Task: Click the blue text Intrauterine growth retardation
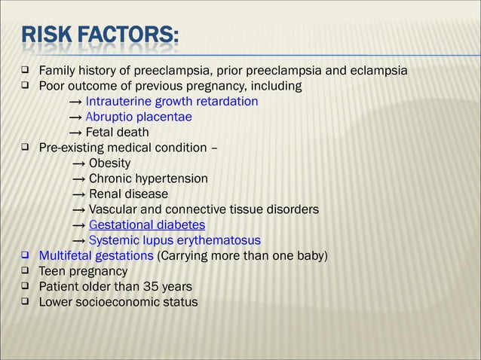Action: (x=172, y=102)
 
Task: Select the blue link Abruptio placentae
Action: (x=139, y=117)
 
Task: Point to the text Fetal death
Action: (x=117, y=133)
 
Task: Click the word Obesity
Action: (x=109, y=163)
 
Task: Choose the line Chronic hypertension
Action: (x=149, y=178)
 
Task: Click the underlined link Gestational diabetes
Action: (x=147, y=225)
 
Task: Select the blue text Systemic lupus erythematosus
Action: (x=175, y=240)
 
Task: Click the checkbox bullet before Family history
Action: (x=25, y=71)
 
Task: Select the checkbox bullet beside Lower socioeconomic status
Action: (x=25, y=302)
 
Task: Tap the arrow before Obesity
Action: (x=78, y=163)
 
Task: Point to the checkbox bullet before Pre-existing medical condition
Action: (x=25, y=148)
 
